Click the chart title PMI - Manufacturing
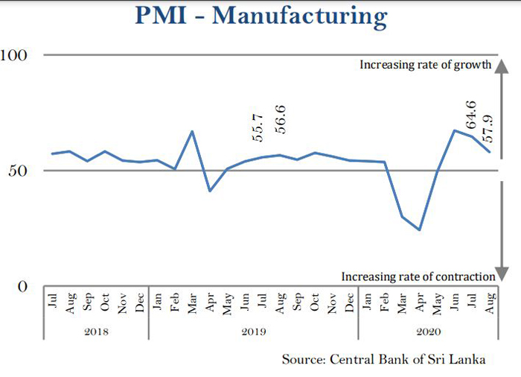point(261,16)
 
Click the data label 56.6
point(281,119)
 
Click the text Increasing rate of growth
point(426,65)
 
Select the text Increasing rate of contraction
point(418,276)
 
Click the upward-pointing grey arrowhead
point(504,64)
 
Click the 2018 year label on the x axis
point(96,331)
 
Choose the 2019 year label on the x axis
point(254,331)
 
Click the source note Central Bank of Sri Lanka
point(383,360)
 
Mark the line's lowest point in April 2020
point(419,229)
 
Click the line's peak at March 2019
point(192,131)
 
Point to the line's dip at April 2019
point(210,191)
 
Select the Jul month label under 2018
point(52,301)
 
